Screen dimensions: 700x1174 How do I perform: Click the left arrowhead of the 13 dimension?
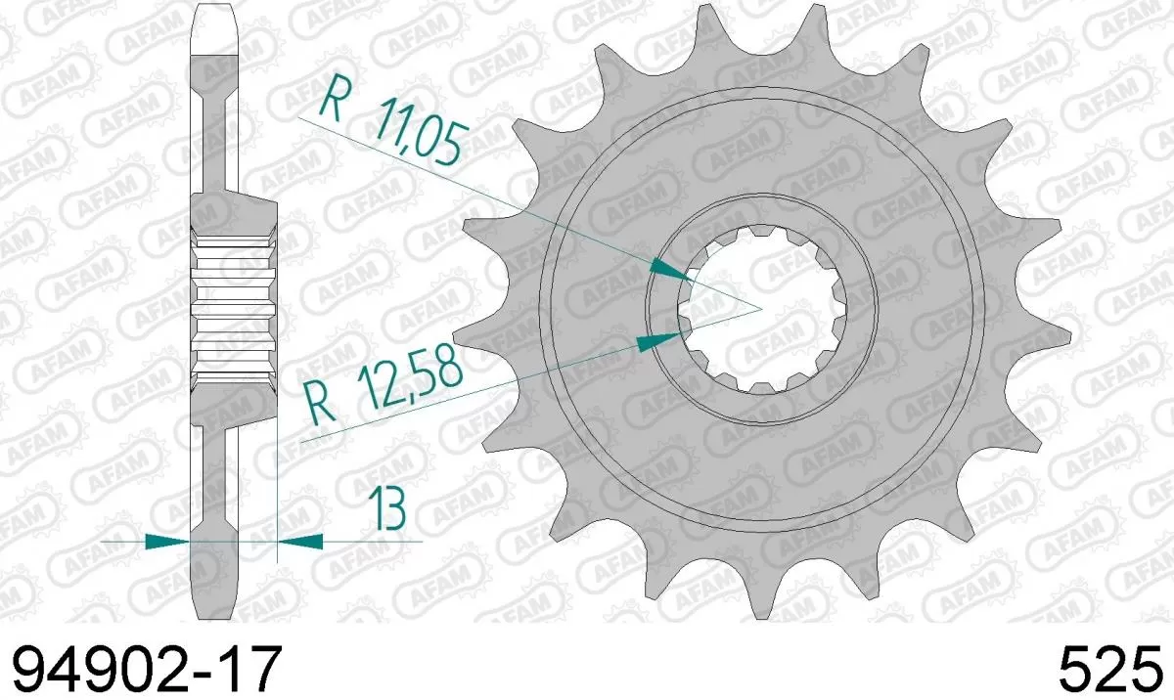[166, 540]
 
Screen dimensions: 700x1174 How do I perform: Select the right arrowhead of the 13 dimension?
[301, 540]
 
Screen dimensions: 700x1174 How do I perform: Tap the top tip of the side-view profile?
[216, 10]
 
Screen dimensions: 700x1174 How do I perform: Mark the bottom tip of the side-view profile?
[216, 613]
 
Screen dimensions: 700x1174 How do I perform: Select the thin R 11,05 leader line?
[489, 195]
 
